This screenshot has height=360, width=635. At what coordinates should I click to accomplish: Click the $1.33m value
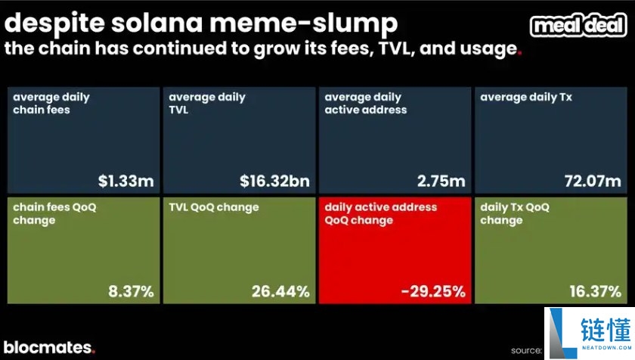125,182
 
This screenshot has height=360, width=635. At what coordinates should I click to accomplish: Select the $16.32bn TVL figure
274,182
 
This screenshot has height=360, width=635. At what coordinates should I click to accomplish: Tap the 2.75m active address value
440,182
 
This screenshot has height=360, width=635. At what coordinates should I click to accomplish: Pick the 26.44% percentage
280,291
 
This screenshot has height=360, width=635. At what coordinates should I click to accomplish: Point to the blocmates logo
48,348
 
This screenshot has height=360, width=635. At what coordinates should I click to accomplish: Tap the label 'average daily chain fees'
51,104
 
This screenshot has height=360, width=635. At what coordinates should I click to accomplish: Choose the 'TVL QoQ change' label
214,207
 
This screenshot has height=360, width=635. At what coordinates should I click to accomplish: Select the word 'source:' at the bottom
526,350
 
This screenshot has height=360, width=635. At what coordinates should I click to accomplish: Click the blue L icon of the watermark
559,332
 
